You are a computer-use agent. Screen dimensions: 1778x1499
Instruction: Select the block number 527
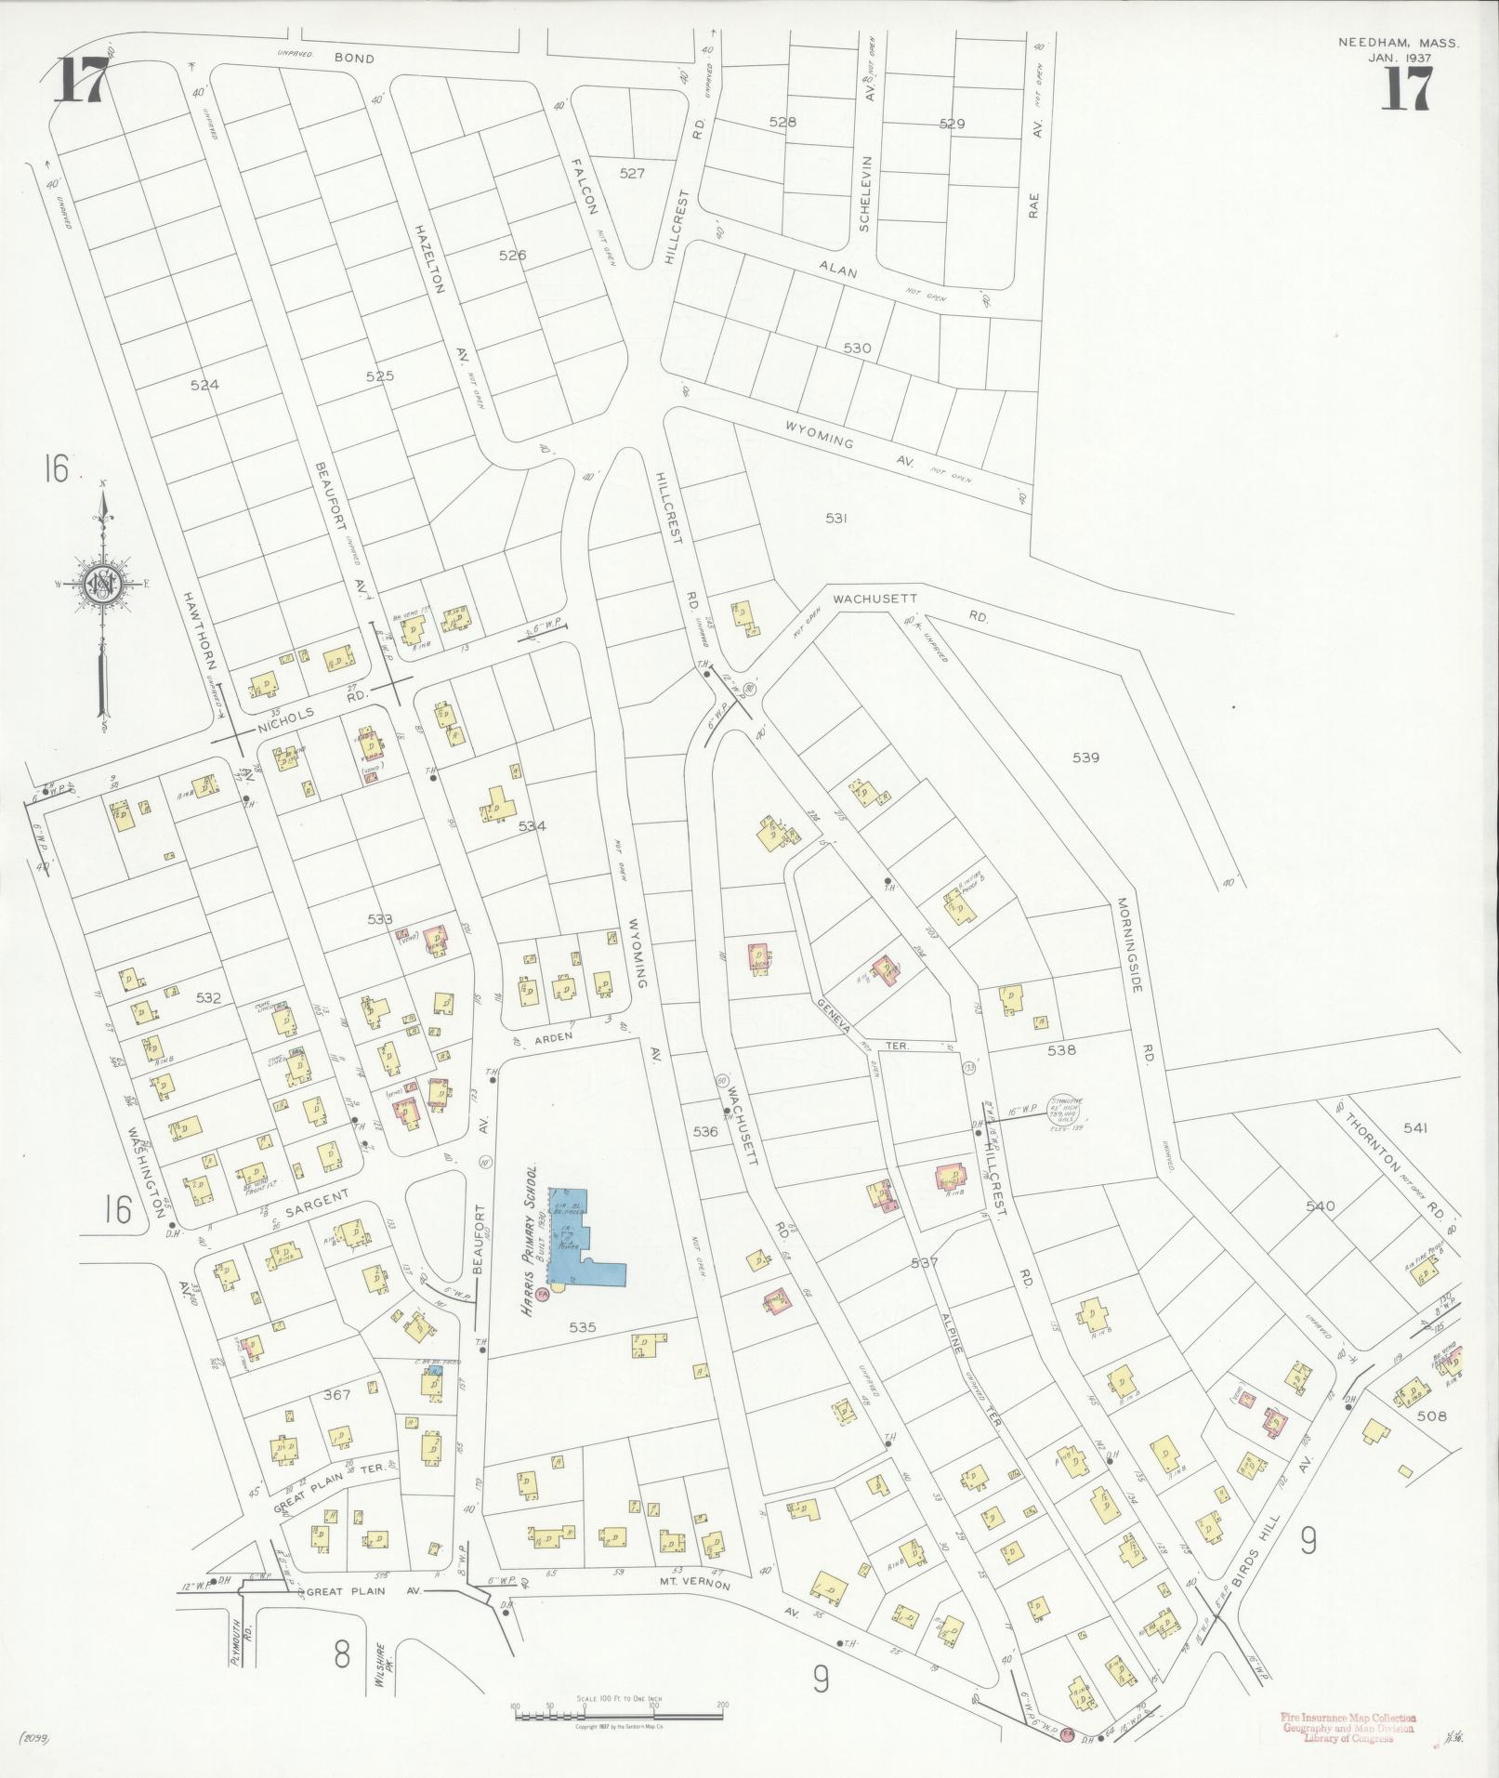tap(632, 173)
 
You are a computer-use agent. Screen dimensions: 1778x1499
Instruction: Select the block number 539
tap(1085, 757)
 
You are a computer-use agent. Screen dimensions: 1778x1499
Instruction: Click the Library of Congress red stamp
tap(1348, 1728)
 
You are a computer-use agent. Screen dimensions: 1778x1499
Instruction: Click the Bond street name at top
tap(354, 59)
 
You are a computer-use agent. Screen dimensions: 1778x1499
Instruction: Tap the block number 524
tap(204, 385)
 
